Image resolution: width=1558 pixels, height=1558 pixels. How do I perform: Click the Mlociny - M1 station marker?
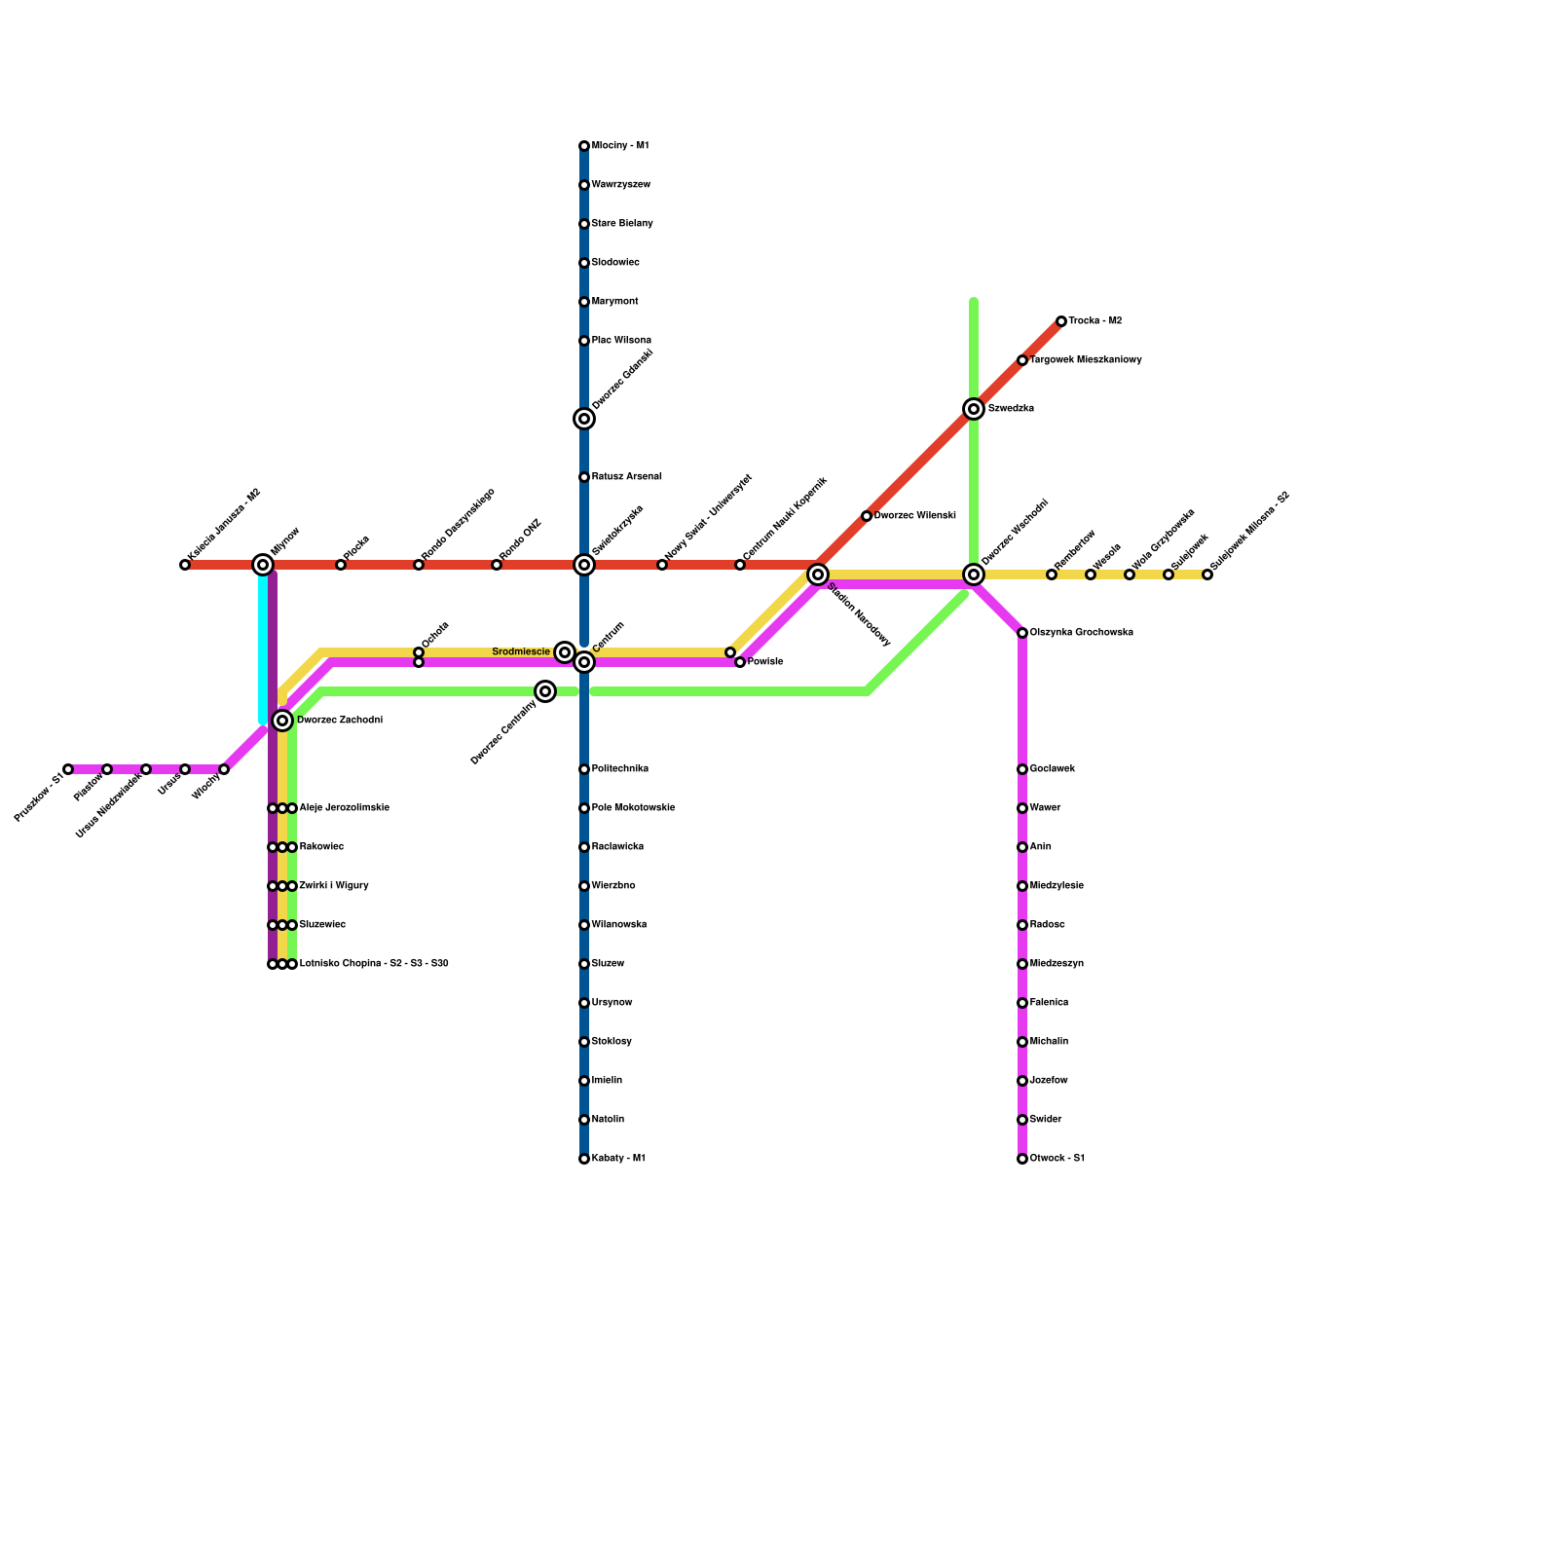(584, 146)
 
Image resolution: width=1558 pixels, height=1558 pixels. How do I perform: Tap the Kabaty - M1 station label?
(618, 1159)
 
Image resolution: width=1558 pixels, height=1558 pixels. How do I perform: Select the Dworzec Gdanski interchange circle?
(584, 419)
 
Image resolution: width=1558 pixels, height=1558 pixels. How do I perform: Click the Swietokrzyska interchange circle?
(584, 565)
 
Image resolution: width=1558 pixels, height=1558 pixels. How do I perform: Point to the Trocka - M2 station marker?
(1061, 321)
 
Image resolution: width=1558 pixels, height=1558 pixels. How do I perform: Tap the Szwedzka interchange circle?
(974, 409)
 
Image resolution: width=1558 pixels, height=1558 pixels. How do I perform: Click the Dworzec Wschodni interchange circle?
(974, 575)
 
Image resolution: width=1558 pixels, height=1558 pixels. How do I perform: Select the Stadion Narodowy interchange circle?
(818, 575)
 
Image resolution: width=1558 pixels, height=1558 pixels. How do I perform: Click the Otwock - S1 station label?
(1057, 1159)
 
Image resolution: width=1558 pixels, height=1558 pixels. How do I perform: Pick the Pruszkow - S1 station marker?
(68, 769)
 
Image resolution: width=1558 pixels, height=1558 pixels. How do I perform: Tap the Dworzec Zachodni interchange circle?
(282, 721)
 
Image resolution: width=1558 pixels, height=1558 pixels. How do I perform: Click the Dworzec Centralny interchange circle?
(545, 691)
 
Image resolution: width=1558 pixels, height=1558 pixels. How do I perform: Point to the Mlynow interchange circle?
(263, 565)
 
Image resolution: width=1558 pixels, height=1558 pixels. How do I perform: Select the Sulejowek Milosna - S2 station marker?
(1207, 575)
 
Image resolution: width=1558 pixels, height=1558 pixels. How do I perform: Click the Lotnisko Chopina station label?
(374, 964)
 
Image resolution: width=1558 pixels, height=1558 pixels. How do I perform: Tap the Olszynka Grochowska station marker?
(1022, 633)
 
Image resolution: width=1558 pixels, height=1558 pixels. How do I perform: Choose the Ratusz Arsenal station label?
(627, 477)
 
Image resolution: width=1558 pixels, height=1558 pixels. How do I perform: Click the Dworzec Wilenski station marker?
(867, 516)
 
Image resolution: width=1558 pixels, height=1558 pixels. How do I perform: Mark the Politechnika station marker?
(584, 769)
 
